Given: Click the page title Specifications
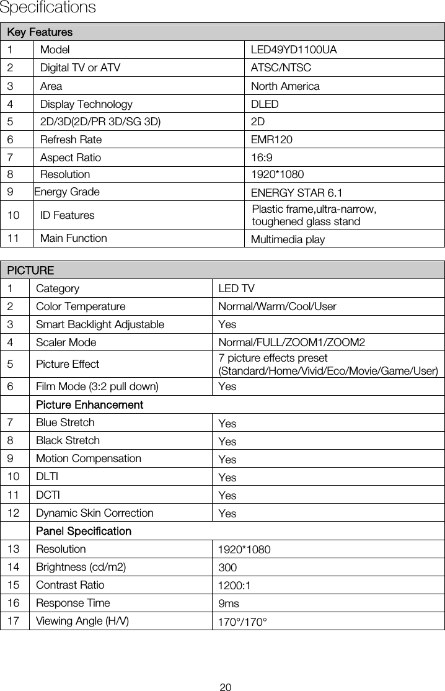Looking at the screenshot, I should point(48,8).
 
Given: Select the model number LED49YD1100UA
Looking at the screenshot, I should point(294,50).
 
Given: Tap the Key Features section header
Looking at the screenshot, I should point(40,32).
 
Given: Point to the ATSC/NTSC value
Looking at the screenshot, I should point(281,68).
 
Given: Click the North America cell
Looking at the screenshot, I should point(285,86).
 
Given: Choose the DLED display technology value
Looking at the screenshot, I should point(265,104).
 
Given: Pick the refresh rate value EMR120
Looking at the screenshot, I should point(271,140).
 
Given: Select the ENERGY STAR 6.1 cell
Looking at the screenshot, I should point(296,192).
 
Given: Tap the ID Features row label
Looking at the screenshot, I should point(68,215).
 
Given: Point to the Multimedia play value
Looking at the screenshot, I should point(288,239).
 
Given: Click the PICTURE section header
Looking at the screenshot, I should point(30,270).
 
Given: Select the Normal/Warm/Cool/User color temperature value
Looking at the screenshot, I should point(277,306).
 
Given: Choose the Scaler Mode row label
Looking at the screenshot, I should point(66,342).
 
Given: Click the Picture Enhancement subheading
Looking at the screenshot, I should point(90,405).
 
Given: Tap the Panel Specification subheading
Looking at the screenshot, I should point(84,532).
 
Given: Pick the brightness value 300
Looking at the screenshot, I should point(227,568).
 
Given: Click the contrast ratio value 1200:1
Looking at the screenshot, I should point(234,586).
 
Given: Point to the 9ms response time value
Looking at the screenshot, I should point(229,604).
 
